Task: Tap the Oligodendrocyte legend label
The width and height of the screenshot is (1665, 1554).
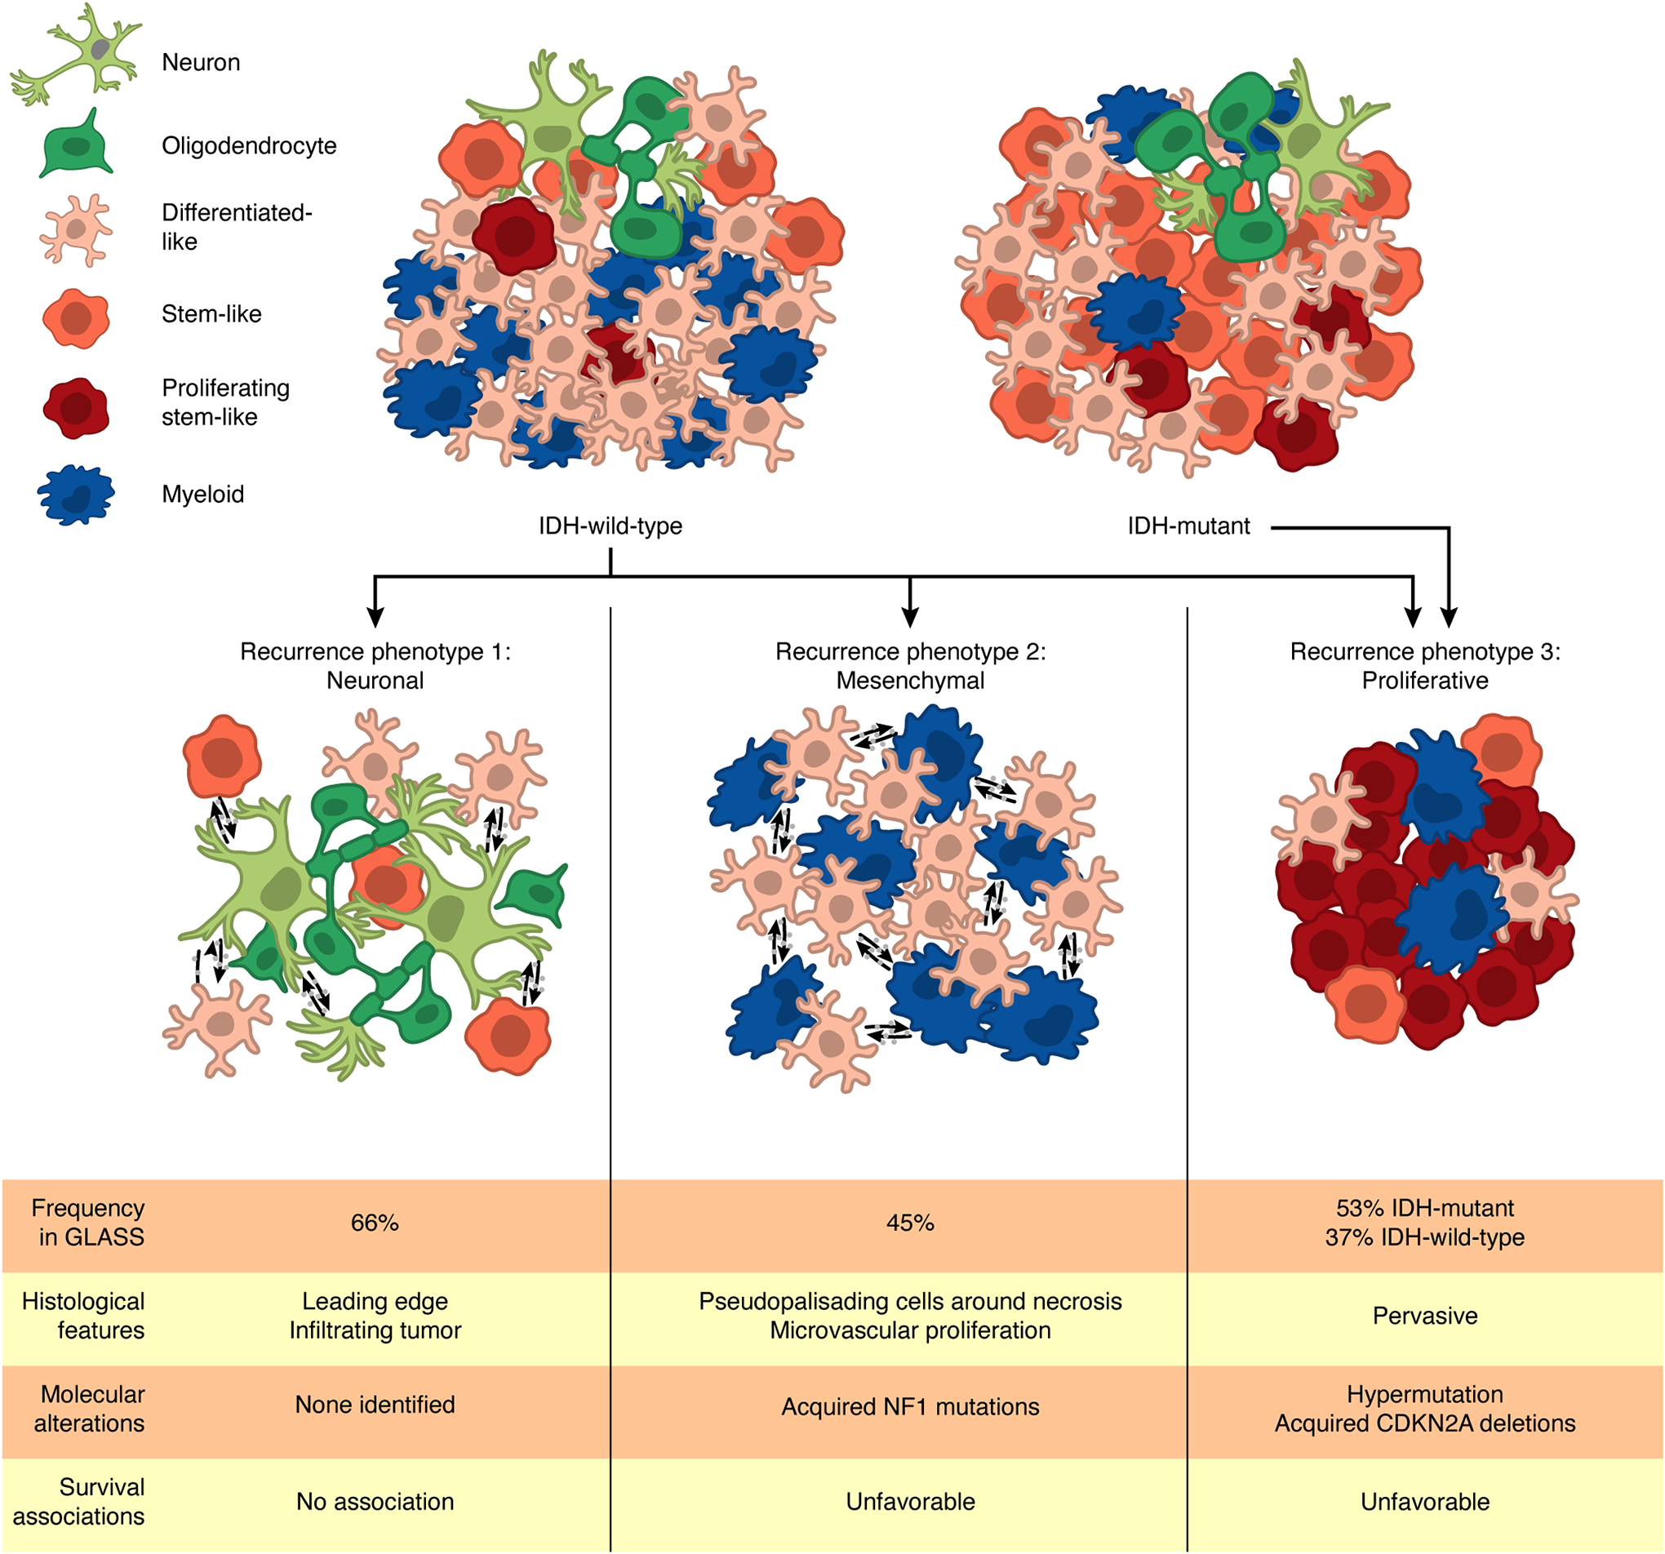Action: point(249,146)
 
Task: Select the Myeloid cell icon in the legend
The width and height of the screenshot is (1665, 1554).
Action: point(76,495)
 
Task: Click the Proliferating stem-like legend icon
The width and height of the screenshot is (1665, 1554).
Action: point(76,408)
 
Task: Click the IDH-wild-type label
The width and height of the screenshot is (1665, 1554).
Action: point(610,526)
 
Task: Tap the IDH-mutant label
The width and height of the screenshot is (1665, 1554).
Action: point(1188,526)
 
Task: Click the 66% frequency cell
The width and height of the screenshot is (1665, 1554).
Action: point(375,1223)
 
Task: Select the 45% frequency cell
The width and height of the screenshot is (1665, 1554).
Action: point(909,1223)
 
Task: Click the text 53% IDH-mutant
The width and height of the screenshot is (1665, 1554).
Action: point(1424,1208)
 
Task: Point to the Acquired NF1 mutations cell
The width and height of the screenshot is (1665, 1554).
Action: point(909,1406)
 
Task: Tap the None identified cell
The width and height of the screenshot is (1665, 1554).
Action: point(375,1405)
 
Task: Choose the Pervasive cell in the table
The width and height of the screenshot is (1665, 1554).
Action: point(1424,1316)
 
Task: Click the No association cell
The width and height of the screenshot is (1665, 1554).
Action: point(375,1502)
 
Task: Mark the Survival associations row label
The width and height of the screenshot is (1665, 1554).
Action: point(79,1502)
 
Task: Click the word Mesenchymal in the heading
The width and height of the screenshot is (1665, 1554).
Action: point(909,680)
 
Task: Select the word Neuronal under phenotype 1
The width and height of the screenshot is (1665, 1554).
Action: point(375,680)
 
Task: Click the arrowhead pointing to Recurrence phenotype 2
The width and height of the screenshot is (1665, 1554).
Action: point(909,618)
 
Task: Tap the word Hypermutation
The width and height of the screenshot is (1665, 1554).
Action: point(1424,1394)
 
